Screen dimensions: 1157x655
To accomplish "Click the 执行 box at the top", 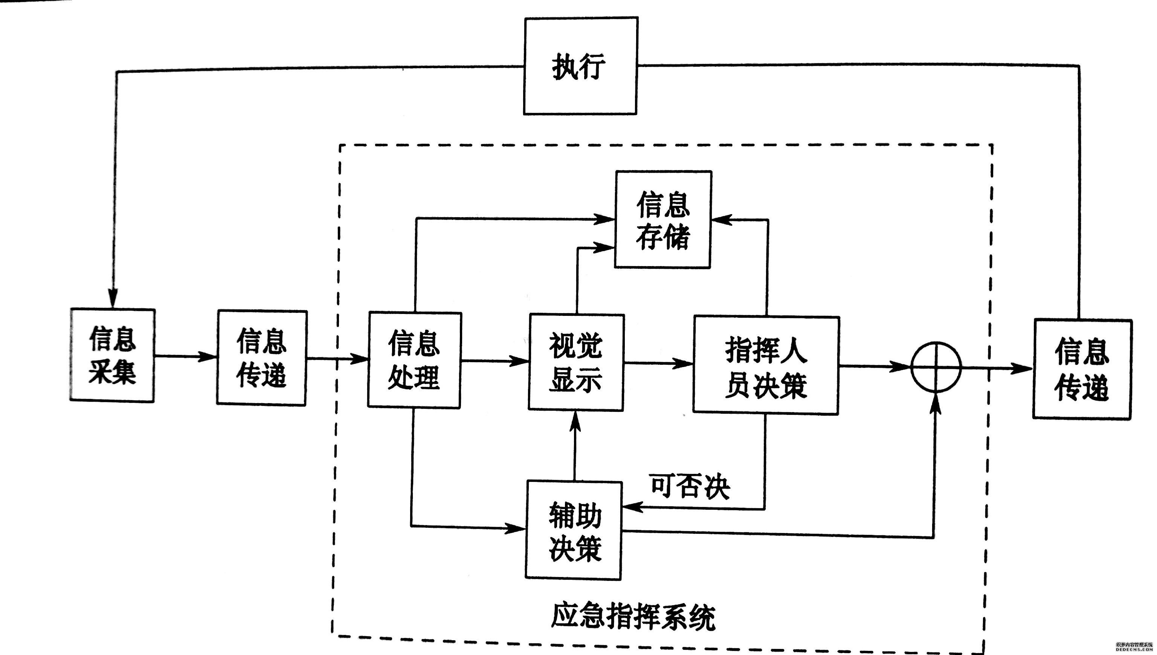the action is point(580,66).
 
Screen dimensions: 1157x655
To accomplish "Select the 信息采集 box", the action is point(112,355).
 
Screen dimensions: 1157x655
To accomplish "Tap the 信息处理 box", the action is point(414,360).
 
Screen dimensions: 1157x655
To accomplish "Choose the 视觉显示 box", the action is point(576,363).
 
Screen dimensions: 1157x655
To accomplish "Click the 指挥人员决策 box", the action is point(766,365).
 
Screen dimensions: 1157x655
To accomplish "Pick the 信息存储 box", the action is point(663,219).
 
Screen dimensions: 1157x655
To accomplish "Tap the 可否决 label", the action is point(690,486).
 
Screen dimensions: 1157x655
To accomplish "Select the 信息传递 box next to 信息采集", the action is point(261,358).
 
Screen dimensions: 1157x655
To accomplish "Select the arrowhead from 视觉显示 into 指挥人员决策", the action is point(682,363).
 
